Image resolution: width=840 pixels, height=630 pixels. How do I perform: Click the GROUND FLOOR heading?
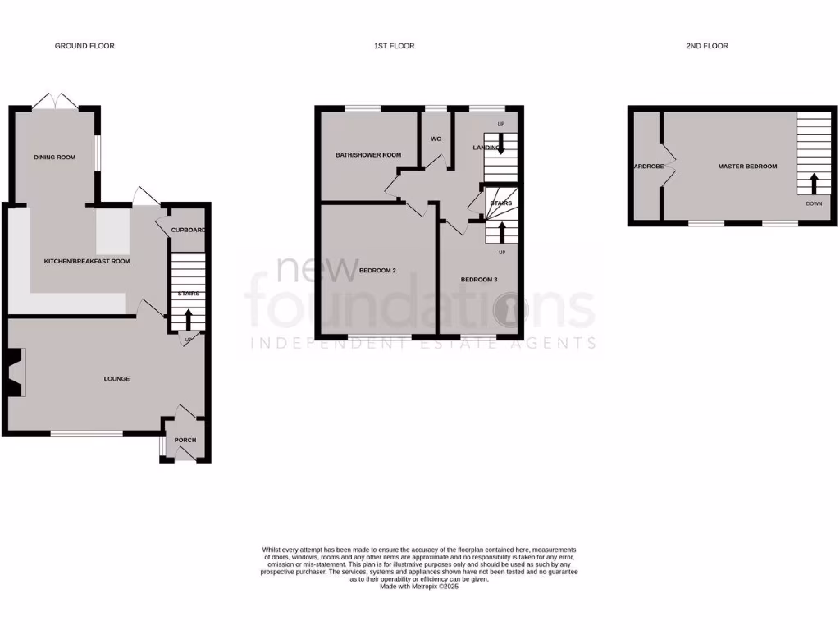pyautogui.click(x=84, y=46)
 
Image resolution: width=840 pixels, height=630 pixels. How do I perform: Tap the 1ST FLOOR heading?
pyautogui.click(x=394, y=46)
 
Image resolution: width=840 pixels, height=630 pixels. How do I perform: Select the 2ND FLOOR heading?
pyautogui.click(x=707, y=46)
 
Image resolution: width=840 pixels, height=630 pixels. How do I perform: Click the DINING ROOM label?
pyautogui.click(x=54, y=157)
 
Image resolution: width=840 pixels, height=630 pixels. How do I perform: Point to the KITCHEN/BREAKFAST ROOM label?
pyautogui.click(x=87, y=261)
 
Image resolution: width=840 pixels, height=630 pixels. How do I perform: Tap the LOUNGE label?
pyautogui.click(x=116, y=378)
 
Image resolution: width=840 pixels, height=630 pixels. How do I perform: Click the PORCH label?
pyautogui.click(x=185, y=441)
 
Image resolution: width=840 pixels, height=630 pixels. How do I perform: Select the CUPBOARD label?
pyautogui.click(x=188, y=230)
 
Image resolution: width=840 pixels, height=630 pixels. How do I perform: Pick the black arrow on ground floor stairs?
pyautogui.click(x=188, y=318)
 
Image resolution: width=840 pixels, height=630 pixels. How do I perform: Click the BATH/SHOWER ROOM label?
pyautogui.click(x=368, y=154)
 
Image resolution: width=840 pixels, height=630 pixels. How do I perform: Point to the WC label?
pyautogui.click(x=436, y=139)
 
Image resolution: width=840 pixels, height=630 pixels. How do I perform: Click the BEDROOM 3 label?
pyautogui.click(x=478, y=280)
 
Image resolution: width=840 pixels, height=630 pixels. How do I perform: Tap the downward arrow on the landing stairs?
pyautogui.click(x=500, y=144)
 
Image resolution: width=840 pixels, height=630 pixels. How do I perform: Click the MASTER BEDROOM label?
pyautogui.click(x=747, y=167)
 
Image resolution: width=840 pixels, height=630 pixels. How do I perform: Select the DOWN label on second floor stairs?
pyautogui.click(x=814, y=203)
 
